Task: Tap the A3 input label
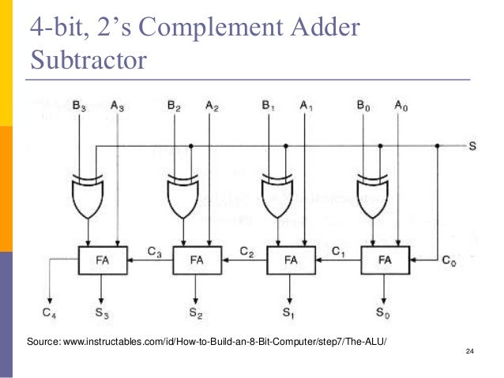pyautogui.click(x=117, y=104)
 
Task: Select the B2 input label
pyautogui.click(x=174, y=104)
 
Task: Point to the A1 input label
pyautogui.click(x=307, y=104)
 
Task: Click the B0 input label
pyautogui.click(x=363, y=104)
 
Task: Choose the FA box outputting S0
pyautogui.click(x=385, y=259)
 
